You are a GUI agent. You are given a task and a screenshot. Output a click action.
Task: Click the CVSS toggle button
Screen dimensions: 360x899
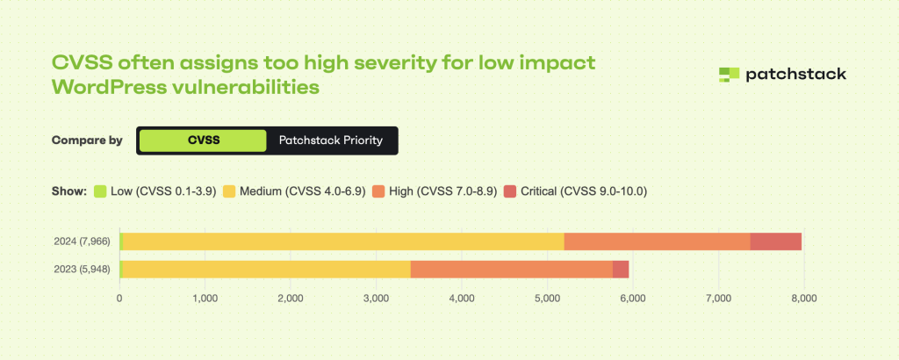click(x=202, y=140)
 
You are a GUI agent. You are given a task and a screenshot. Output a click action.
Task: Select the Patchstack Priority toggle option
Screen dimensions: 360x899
click(x=331, y=140)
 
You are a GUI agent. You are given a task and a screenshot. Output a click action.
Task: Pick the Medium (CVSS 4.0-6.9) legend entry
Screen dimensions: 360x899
click(x=295, y=191)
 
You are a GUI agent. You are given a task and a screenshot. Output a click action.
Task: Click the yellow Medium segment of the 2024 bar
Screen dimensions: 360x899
click(x=342, y=241)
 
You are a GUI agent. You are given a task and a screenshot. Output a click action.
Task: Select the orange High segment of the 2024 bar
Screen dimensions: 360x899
click(x=657, y=241)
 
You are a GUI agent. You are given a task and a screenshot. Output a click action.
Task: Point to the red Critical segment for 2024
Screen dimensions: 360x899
click(x=776, y=241)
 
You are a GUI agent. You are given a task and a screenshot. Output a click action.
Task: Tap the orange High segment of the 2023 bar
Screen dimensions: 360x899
click(x=511, y=269)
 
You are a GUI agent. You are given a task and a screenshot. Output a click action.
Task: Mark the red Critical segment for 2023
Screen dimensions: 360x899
click(x=621, y=269)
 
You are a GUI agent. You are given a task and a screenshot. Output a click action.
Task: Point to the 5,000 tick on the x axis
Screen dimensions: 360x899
click(x=547, y=298)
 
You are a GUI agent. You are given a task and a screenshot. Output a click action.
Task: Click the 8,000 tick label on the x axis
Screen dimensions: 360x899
click(x=804, y=298)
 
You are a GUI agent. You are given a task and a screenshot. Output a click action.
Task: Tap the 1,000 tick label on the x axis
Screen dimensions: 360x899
click(x=205, y=298)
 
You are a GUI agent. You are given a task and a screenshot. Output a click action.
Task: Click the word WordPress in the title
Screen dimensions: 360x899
click(x=111, y=88)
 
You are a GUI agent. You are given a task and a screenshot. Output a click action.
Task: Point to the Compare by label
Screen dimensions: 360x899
click(x=87, y=140)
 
